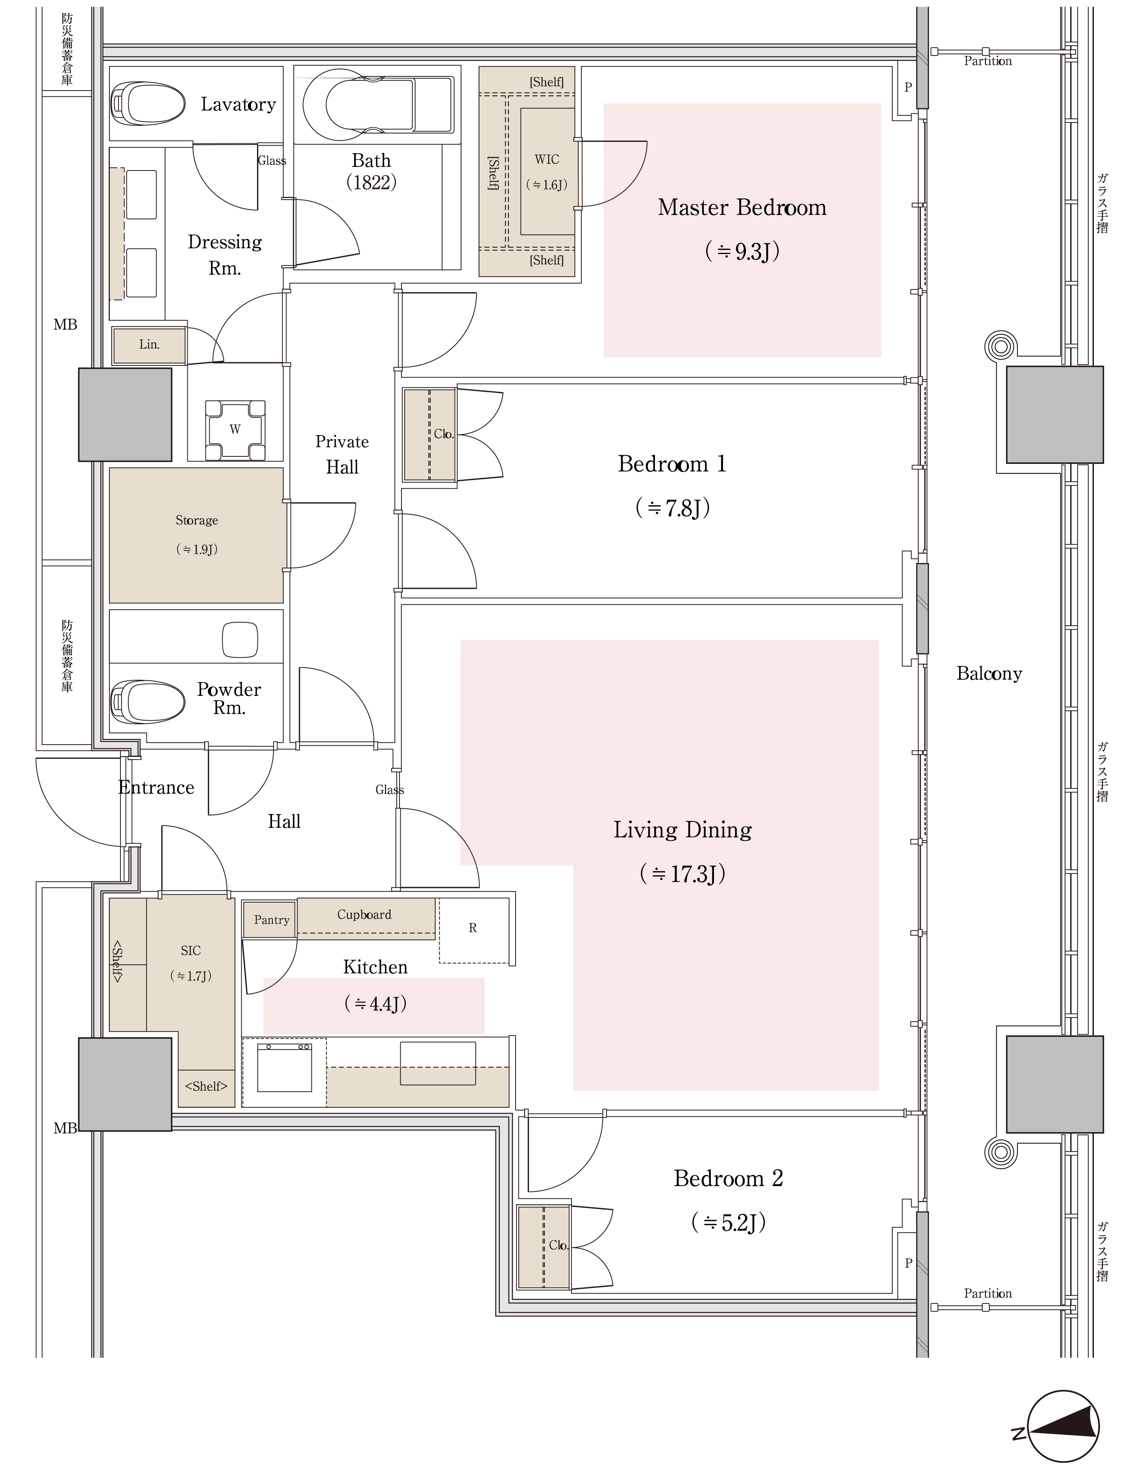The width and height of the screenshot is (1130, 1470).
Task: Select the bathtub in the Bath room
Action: click(378, 104)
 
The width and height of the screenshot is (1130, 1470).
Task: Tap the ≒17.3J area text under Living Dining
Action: click(683, 873)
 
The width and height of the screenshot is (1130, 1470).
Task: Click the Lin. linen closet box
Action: click(149, 345)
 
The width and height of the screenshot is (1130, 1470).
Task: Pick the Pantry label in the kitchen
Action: click(272, 919)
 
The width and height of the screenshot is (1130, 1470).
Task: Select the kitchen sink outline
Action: click(438, 1063)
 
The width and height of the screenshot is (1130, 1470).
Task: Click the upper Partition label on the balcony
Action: click(988, 61)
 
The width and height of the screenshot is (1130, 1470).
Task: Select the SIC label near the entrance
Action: click(190, 951)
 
